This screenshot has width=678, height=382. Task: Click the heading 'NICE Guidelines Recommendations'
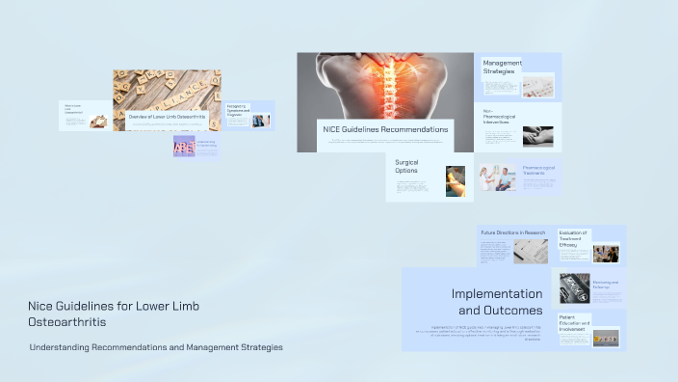[x=384, y=129]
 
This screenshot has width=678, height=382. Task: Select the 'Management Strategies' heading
[x=503, y=67]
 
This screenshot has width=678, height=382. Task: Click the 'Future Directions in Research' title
[x=513, y=233]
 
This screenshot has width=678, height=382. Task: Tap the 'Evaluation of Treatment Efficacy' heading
[x=574, y=239]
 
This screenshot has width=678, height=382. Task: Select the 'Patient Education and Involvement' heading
[x=575, y=324]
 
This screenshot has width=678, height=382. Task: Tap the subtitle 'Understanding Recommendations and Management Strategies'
[x=156, y=347]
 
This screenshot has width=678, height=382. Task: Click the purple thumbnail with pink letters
[x=184, y=146]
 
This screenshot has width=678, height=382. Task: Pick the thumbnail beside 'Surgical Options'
[x=456, y=179]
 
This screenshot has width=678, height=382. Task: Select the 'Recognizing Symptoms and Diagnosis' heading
[x=238, y=112]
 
